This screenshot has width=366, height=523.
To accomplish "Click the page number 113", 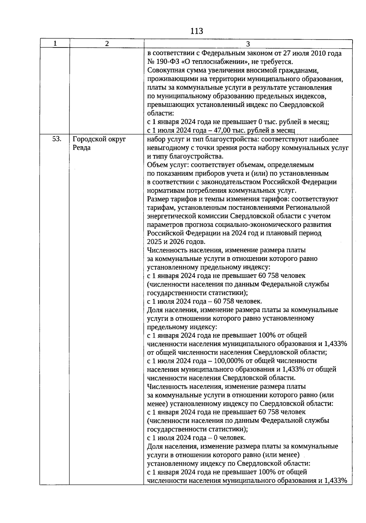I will click(x=196, y=31).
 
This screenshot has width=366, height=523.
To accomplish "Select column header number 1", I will click(x=55, y=44).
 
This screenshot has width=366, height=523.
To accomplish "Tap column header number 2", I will click(x=107, y=44).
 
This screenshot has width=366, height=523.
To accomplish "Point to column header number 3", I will click(x=248, y=44).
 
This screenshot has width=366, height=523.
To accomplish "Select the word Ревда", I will click(x=82, y=148).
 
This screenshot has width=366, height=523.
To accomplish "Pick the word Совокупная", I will click(x=165, y=71).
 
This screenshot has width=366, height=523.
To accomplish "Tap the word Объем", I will click(x=156, y=165).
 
